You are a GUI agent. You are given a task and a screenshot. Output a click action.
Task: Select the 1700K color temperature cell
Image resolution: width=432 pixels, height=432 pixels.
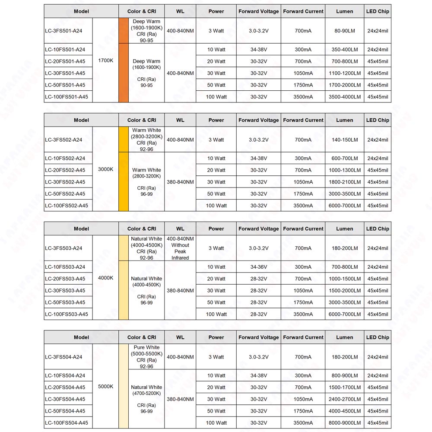tap(106, 60)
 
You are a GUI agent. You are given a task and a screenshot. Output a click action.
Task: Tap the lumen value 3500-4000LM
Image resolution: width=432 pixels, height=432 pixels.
tap(344, 97)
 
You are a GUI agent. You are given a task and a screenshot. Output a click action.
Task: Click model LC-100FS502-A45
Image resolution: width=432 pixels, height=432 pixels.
tap(67, 206)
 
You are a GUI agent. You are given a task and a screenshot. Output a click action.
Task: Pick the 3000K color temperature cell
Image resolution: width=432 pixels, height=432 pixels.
tap(106, 169)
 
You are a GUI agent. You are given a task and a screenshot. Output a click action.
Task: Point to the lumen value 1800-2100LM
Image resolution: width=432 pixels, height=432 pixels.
tap(344, 182)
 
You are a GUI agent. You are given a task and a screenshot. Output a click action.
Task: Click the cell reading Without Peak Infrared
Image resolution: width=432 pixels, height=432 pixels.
tap(180, 248)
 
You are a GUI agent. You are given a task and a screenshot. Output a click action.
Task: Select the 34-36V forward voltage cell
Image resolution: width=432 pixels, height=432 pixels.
tap(258, 267)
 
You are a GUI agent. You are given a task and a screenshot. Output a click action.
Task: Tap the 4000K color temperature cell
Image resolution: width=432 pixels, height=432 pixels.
tap(106, 278)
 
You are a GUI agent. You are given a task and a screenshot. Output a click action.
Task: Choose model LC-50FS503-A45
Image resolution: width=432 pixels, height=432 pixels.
tap(65, 302)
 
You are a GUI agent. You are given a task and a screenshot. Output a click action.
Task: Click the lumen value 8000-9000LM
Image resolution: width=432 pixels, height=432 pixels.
tap(344, 423)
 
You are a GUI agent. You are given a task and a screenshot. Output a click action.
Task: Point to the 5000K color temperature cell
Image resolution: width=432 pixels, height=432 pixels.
tap(106, 387)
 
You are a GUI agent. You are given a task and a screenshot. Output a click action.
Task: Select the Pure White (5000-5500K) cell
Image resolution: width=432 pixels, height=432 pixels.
tap(146, 357)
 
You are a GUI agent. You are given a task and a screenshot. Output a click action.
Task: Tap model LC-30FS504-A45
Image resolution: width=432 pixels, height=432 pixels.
tap(65, 399)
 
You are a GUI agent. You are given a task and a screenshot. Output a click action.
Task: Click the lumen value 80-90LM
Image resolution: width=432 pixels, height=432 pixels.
tap(344, 31)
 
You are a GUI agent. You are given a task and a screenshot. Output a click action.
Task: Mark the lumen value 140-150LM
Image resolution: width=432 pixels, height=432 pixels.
tap(344, 140)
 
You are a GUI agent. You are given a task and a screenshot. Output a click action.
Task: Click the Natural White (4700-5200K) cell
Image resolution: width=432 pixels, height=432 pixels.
tap(146, 399)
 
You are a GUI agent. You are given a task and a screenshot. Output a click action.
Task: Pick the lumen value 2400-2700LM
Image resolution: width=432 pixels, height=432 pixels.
tap(344, 399)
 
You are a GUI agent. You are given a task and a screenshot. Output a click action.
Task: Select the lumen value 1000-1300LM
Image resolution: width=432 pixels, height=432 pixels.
tap(344, 170)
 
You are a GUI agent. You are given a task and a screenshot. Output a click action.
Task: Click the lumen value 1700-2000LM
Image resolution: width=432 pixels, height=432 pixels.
tap(344, 85)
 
